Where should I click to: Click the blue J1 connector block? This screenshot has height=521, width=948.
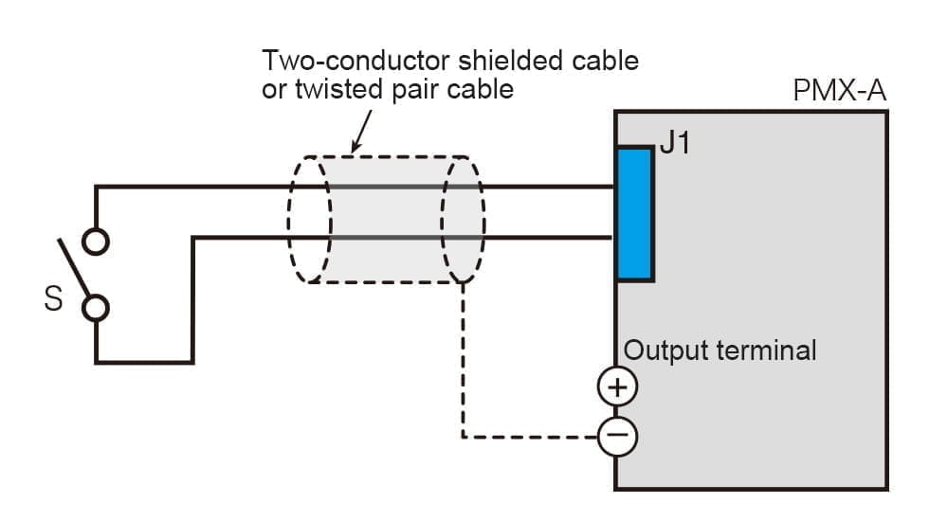tap(634, 214)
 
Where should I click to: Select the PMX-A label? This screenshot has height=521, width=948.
tap(839, 92)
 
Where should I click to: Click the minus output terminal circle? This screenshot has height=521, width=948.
tap(617, 436)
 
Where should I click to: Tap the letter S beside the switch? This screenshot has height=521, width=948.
tap(54, 300)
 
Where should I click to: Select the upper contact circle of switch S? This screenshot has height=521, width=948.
tap(95, 243)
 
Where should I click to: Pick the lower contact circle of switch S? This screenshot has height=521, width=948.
tap(95, 307)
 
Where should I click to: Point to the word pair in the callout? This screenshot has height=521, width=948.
tap(429, 91)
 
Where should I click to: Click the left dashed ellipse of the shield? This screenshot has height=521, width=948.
tap(310, 219)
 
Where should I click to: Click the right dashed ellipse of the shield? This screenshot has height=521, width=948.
tap(464, 219)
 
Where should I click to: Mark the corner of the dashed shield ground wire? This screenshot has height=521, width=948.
tap(463, 437)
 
